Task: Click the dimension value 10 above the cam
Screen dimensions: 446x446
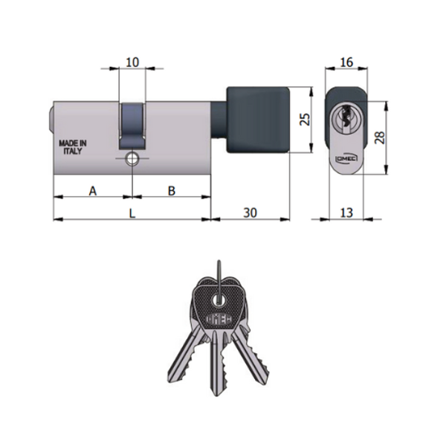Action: pyautogui.click(x=132, y=62)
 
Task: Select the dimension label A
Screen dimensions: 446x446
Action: pyautogui.click(x=93, y=191)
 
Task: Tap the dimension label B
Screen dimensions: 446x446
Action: pyautogui.click(x=171, y=191)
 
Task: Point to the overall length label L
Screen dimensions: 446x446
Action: pyautogui.click(x=132, y=213)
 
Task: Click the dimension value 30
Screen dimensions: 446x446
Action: pyautogui.click(x=251, y=213)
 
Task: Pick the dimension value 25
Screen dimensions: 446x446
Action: pyautogui.click(x=303, y=120)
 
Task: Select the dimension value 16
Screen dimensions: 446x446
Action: pyautogui.click(x=346, y=62)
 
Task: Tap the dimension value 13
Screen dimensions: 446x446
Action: pyautogui.click(x=346, y=213)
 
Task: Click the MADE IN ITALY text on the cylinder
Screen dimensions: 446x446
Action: pyautogui.click(x=73, y=146)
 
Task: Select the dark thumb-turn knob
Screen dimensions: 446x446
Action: pyautogui.click(x=256, y=120)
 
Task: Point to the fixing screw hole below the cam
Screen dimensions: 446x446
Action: pyautogui.click(x=132, y=158)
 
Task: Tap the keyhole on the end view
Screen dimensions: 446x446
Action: pyautogui.click(x=346, y=117)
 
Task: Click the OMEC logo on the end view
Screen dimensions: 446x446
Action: pyautogui.click(x=340, y=159)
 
